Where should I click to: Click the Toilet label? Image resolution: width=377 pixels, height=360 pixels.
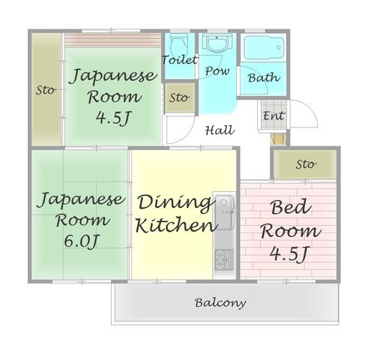tap(179, 59)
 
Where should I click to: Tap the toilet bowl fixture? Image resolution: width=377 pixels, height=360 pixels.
tap(179, 43)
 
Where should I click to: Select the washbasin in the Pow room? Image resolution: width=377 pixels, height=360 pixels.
tap(217, 43)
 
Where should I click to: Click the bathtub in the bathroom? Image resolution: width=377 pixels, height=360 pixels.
tap(264, 48)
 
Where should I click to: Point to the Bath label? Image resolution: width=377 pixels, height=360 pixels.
tap(264, 77)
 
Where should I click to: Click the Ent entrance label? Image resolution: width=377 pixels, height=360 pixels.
tap(274, 115)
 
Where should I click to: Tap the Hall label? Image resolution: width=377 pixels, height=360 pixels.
tap(220, 130)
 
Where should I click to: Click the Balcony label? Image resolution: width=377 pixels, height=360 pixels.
tap(220, 303)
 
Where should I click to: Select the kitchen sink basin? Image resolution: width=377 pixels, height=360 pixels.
tap(224, 212)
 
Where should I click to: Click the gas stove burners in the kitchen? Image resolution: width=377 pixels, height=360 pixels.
tap(224, 259)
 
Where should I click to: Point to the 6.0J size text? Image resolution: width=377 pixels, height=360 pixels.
tap(82, 241)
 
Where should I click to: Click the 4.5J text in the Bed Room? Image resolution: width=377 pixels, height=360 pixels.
tap(290, 253)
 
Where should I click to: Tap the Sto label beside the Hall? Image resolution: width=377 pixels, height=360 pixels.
tap(179, 97)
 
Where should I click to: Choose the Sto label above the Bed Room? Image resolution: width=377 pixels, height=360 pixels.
tap(306, 164)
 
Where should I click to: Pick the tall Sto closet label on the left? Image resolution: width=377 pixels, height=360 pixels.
tap(46, 90)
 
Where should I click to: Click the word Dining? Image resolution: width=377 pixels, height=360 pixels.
tap(175, 203)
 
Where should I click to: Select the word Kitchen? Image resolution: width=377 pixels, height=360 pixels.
tap(176, 225)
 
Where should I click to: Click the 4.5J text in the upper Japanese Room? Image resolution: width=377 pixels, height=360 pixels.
tap(114, 118)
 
